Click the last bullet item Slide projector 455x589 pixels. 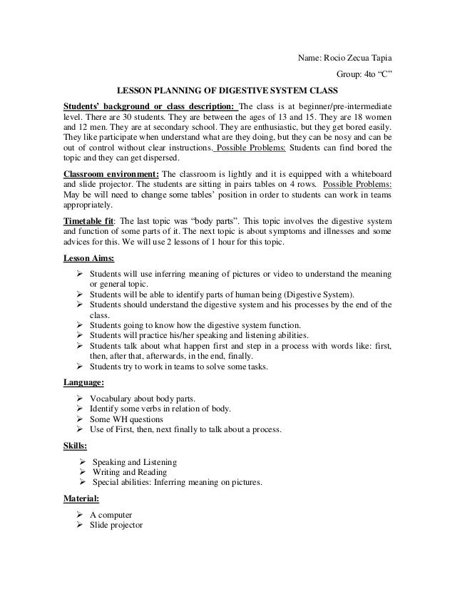click(x=116, y=526)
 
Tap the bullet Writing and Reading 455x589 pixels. click(x=130, y=472)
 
